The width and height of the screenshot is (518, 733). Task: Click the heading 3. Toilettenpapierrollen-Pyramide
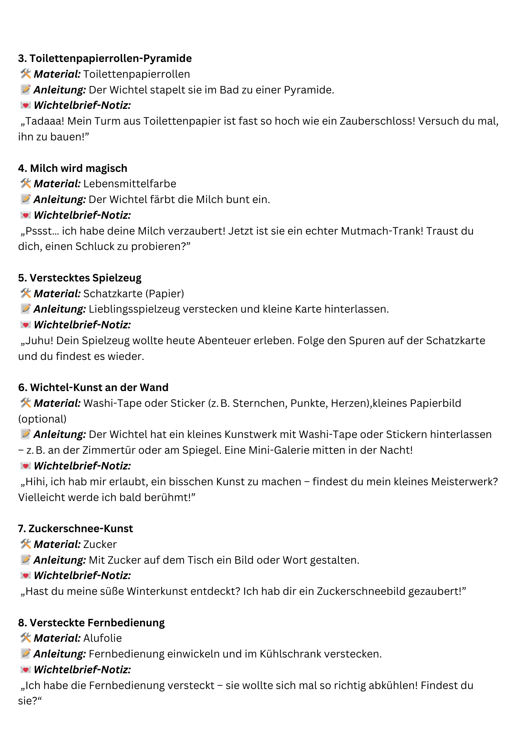[x=105, y=58]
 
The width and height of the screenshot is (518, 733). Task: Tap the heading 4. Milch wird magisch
[x=73, y=168]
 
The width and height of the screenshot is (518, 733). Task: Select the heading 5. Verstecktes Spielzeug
[x=79, y=278]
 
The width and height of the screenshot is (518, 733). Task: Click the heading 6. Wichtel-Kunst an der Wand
[x=93, y=387]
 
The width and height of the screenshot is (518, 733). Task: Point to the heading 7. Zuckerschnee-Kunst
[x=75, y=528]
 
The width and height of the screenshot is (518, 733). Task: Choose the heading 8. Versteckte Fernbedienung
[x=91, y=623]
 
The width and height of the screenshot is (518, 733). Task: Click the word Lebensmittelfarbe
[x=130, y=184]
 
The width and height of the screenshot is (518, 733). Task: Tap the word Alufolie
[x=103, y=638]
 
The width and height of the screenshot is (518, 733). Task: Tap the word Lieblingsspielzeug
[x=134, y=309]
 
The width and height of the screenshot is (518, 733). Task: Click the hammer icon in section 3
[x=26, y=74]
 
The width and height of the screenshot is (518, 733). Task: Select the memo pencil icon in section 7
[x=26, y=560]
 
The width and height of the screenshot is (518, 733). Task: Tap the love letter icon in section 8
[x=26, y=670]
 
